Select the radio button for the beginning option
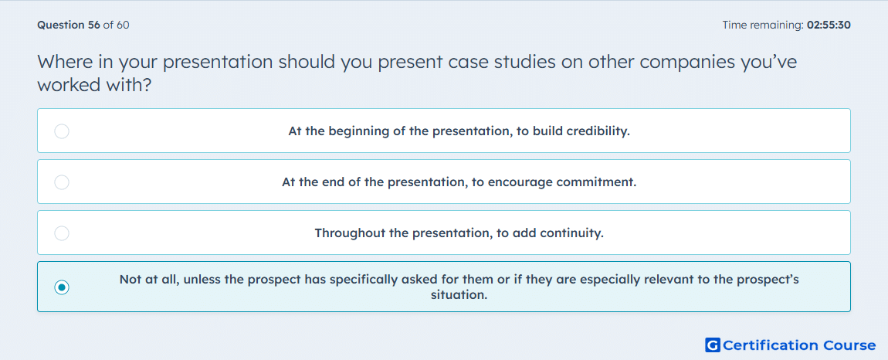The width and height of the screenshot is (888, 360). pos(62,131)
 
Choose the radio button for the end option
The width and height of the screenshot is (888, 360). pos(62,182)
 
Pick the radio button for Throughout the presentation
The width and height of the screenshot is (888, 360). pos(62,233)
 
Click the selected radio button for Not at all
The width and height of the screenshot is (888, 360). pos(62,287)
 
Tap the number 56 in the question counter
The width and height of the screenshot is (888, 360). pos(93,25)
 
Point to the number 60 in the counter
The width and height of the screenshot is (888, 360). pos(123,25)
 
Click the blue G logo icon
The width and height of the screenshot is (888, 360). pos(713,345)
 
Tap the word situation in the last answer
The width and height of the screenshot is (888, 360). pos(459,295)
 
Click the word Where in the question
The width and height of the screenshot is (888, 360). pos(65,62)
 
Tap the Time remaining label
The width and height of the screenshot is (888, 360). pos(763,25)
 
